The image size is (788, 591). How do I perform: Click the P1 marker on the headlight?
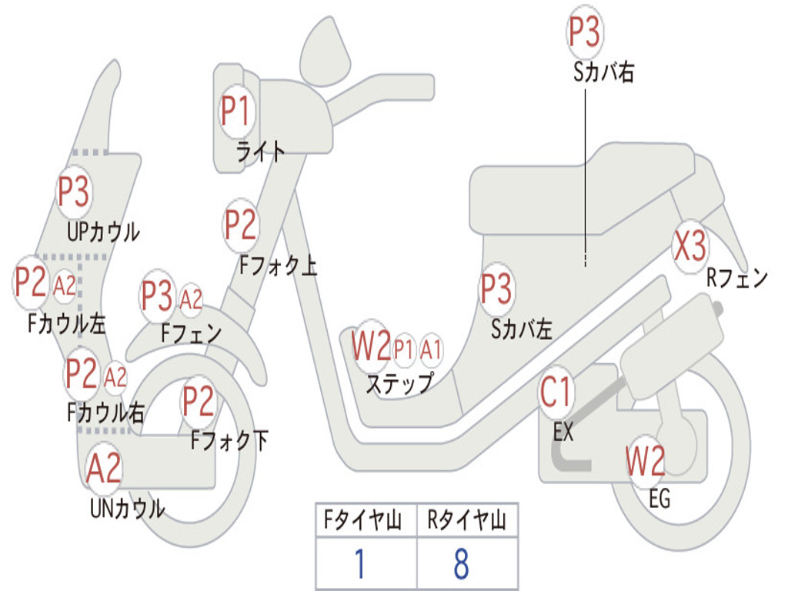[235, 111]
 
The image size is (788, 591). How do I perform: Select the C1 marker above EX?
[556, 392]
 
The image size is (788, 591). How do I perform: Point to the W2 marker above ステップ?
[371, 346]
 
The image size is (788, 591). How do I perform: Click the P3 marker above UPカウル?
[74, 192]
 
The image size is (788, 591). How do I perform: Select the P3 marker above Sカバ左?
[496, 289]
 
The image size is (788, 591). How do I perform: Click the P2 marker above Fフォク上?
[241, 225]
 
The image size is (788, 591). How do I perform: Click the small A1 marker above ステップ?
[431, 349]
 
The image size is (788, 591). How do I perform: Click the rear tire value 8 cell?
[467, 563]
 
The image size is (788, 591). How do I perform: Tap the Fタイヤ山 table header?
[362, 519]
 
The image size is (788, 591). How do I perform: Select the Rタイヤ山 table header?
[466, 519]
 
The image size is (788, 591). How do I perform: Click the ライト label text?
[261, 151]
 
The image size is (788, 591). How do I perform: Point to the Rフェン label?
[737, 278]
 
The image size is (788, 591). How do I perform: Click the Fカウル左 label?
[67, 324]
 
